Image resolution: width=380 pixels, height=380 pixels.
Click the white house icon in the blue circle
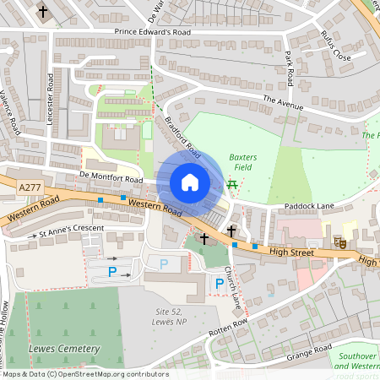190,182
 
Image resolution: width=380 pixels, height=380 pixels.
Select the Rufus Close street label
335,46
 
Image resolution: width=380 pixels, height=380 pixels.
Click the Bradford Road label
182,134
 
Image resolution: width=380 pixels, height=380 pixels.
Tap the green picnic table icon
231,183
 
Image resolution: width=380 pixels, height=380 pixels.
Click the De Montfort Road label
111,178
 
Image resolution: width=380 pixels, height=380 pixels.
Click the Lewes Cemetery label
63,348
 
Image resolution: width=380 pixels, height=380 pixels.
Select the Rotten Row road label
229,323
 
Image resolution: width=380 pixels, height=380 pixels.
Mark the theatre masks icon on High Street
342,242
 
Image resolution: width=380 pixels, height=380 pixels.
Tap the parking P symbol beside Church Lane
219,283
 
